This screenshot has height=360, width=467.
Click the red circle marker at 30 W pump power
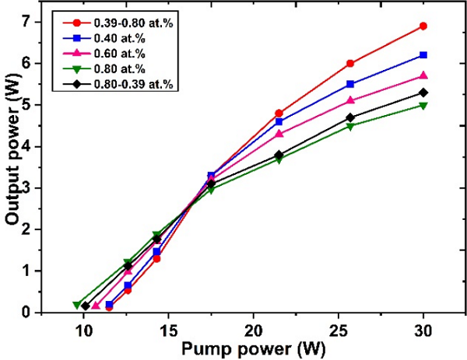coord(423,26)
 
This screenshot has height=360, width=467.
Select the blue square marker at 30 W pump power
coord(423,55)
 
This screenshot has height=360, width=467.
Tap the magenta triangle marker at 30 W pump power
coord(423,75)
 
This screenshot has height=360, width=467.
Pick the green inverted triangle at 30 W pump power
coord(423,105)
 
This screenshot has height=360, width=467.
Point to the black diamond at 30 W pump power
coord(423,93)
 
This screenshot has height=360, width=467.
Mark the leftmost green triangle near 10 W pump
coord(77,305)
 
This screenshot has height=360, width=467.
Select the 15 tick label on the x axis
coord(167,329)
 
